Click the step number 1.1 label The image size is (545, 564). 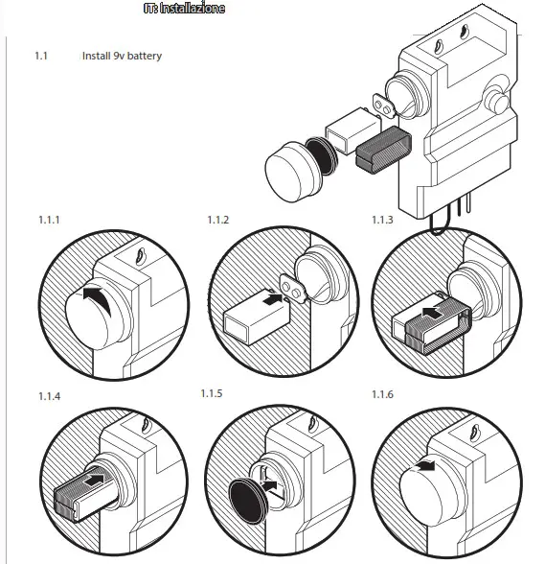point(41,56)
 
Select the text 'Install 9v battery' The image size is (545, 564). point(122,56)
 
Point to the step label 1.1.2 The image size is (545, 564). point(218,220)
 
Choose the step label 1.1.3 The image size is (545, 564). point(382,220)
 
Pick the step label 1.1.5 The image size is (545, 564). point(212,394)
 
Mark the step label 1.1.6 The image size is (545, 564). point(382,394)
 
